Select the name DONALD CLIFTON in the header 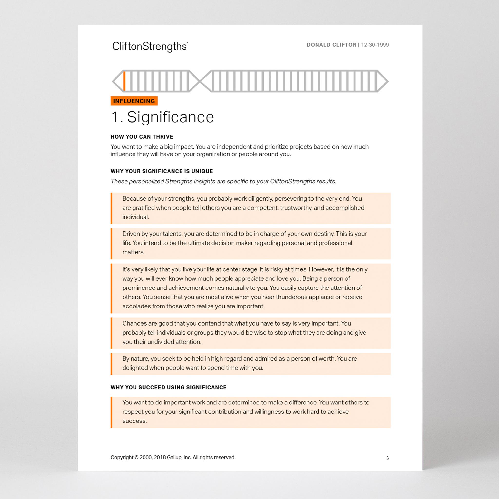point(331,45)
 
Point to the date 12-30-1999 point(375,45)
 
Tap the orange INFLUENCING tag point(134,101)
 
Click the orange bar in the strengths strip point(124,81)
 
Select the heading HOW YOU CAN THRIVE point(142,137)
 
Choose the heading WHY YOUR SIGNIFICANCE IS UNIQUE point(162,171)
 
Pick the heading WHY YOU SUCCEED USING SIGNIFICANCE point(168,387)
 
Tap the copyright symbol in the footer point(136,457)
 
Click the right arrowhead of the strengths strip point(383,81)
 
